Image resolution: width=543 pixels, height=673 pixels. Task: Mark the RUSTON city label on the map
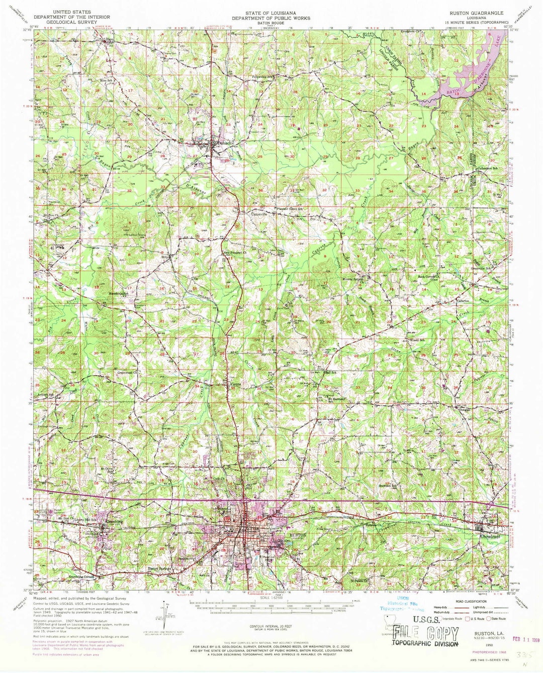click(x=298, y=536)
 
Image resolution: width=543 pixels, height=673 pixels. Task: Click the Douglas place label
click(x=463, y=410)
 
